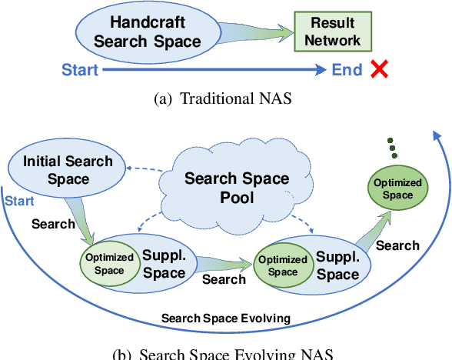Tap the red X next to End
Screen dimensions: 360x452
pos(379,70)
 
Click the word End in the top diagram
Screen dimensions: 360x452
pos(347,71)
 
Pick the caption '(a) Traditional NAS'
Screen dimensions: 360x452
pos(227,98)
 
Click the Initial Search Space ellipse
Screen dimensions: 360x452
pos(58,170)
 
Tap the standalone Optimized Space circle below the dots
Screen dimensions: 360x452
pos(397,189)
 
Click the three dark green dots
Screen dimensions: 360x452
pos(393,148)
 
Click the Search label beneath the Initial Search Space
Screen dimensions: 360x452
pos(53,224)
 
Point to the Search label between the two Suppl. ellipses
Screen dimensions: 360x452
pos(224,279)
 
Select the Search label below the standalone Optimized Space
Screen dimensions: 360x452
pos(397,245)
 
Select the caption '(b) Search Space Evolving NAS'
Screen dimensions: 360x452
pos(223,353)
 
